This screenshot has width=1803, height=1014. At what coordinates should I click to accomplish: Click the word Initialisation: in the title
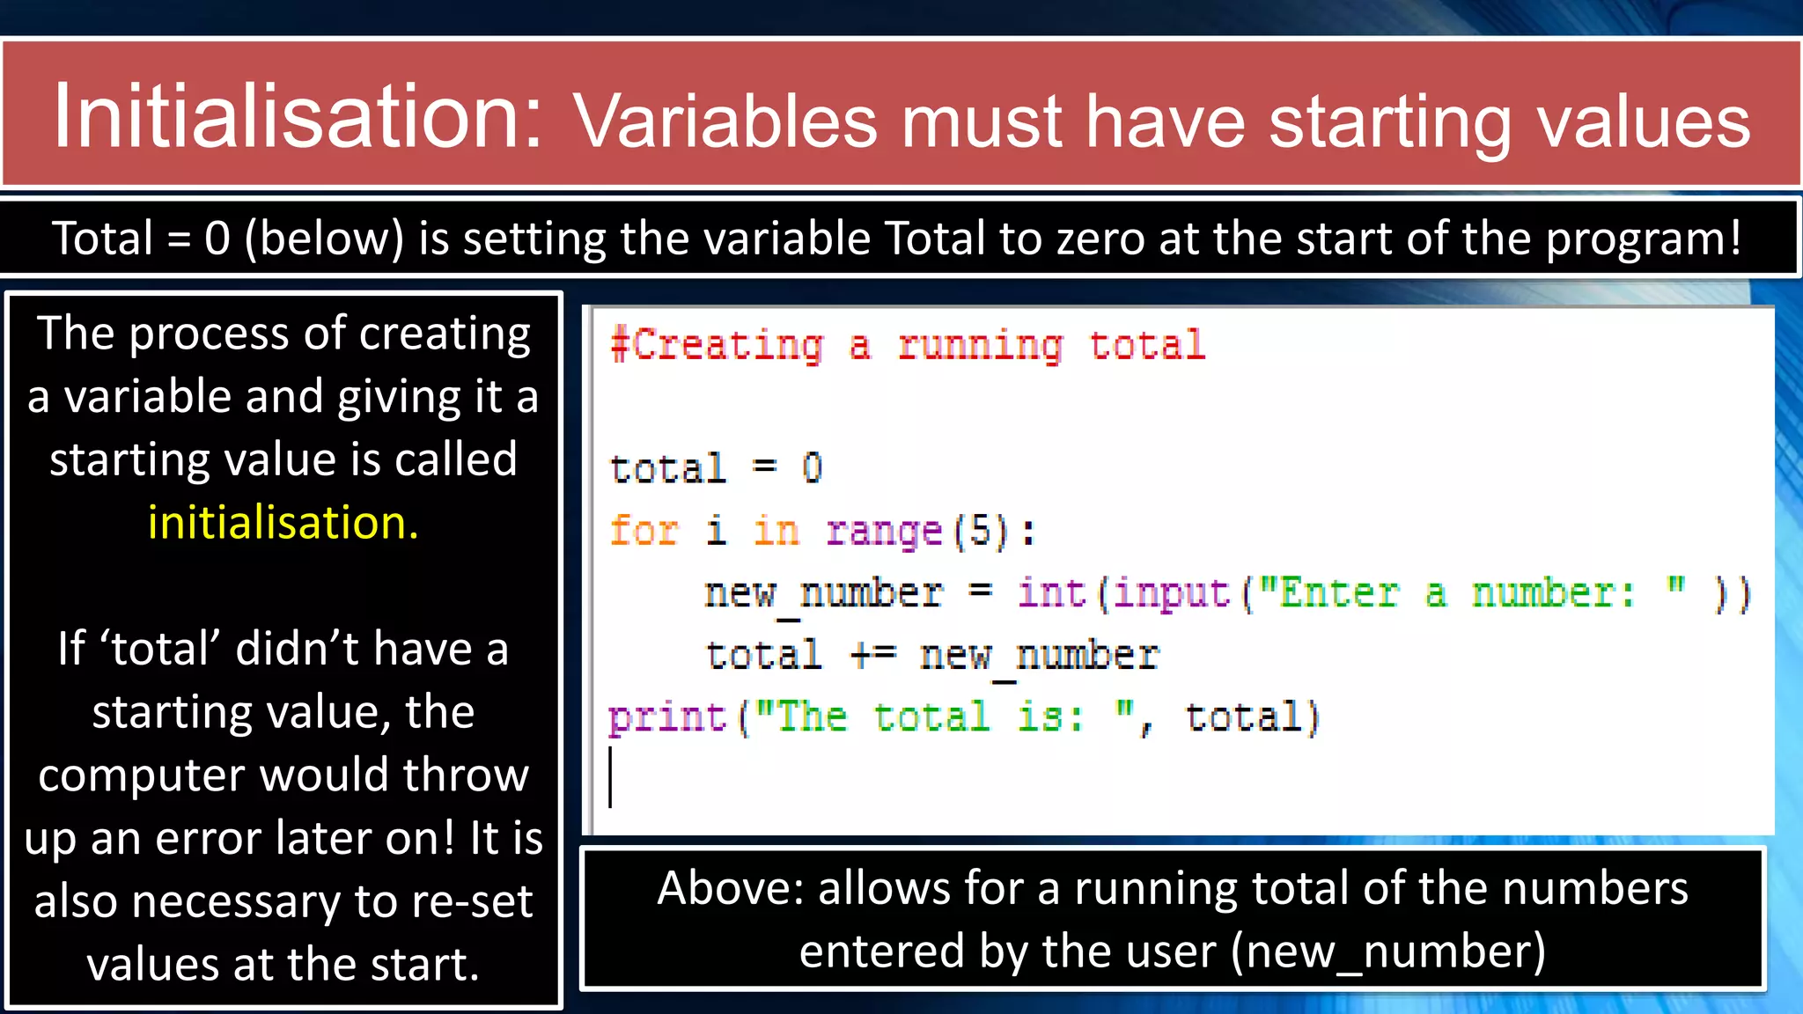[x=298, y=117]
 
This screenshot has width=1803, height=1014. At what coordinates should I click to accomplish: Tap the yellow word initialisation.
[x=283, y=523]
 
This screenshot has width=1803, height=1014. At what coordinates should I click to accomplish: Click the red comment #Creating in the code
[x=718, y=345]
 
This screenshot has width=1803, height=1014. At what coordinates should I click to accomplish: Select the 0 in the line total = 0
[x=812, y=468]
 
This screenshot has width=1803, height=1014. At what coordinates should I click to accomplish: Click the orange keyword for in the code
[x=644, y=531]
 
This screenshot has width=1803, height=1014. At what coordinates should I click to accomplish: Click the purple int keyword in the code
[x=1052, y=592]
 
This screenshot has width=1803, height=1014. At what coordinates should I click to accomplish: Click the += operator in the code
[x=873, y=655]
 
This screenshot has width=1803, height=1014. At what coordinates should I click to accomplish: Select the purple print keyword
[x=667, y=718]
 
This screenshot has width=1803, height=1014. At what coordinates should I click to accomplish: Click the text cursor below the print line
[x=610, y=777]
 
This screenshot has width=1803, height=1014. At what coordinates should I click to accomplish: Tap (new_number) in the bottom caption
[x=1387, y=952]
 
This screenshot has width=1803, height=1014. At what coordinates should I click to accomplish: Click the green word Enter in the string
[x=1338, y=592]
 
